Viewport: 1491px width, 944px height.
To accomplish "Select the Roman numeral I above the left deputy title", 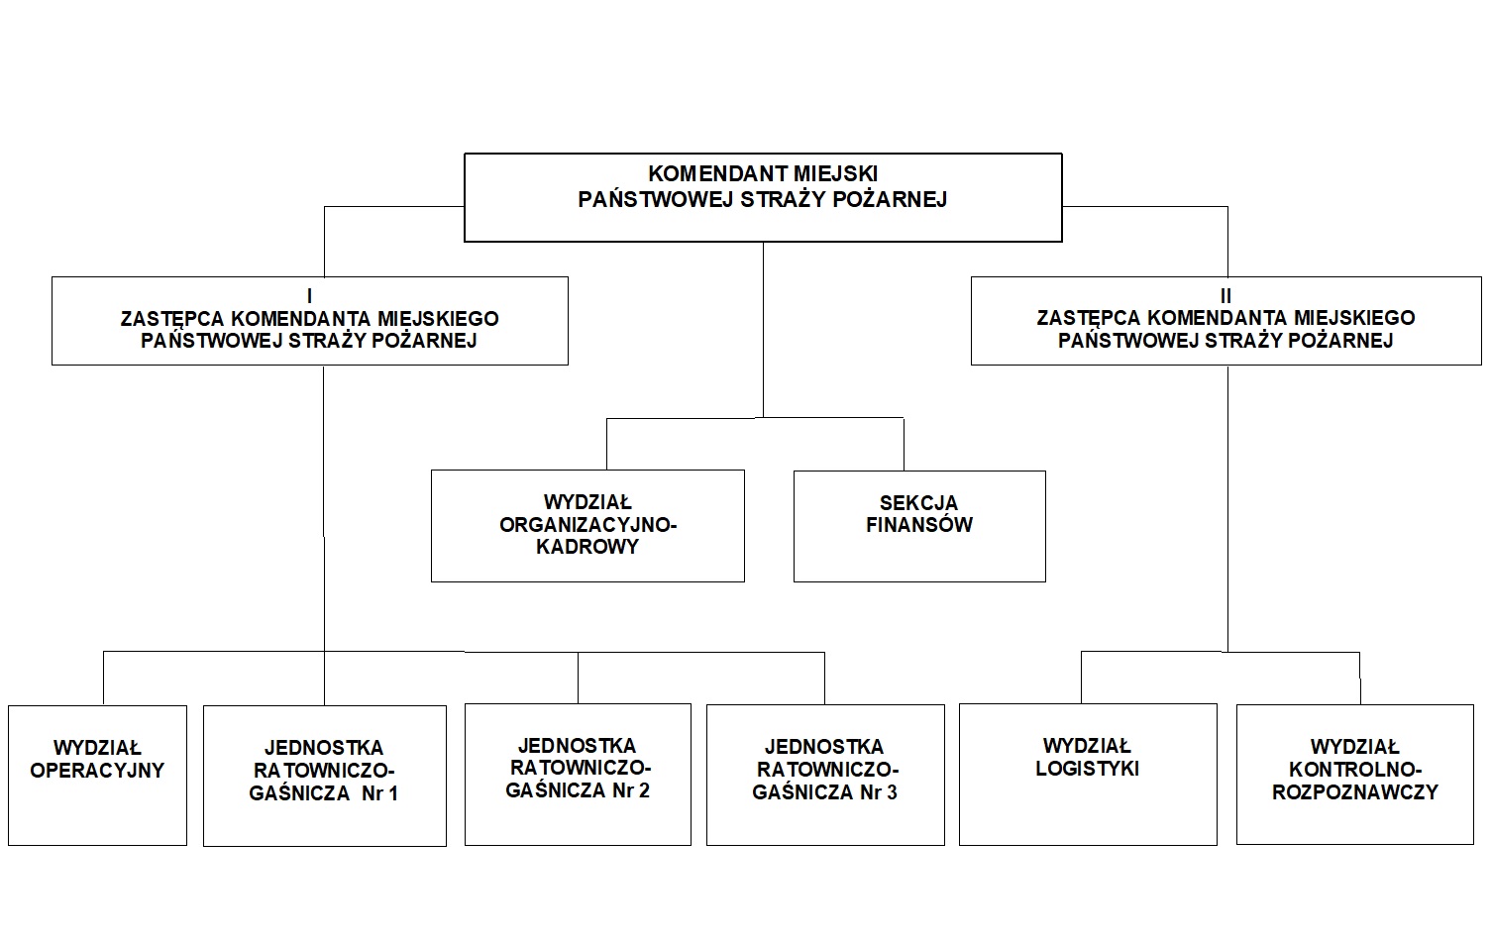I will [310, 296].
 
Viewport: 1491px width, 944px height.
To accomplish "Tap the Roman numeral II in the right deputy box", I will [1225, 296].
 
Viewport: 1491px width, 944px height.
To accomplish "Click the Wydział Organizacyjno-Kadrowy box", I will [587, 525].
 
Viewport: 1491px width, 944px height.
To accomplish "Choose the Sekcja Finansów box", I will [919, 525].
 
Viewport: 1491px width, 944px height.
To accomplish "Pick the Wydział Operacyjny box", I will [97, 775].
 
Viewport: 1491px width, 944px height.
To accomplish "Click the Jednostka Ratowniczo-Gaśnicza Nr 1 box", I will [325, 776].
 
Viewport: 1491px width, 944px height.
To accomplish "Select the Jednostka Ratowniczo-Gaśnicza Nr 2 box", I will [578, 774].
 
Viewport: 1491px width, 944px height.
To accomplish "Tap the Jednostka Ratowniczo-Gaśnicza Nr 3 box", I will [825, 775].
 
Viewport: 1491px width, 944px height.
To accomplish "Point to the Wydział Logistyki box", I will [1088, 774].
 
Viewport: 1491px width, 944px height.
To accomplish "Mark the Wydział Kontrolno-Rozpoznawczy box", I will [1355, 775].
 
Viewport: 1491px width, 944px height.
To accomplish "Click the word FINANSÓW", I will [919, 525].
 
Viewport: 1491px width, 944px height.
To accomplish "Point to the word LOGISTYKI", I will [1088, 769].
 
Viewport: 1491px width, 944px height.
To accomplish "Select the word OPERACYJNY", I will [97, 771].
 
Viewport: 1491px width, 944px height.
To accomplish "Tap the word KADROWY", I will [587, 547].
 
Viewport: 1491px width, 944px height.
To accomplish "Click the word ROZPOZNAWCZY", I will [1355, 791].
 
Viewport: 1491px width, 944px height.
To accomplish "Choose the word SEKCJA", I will [919, 503].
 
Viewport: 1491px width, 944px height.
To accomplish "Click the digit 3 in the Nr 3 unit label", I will [892, 792].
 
